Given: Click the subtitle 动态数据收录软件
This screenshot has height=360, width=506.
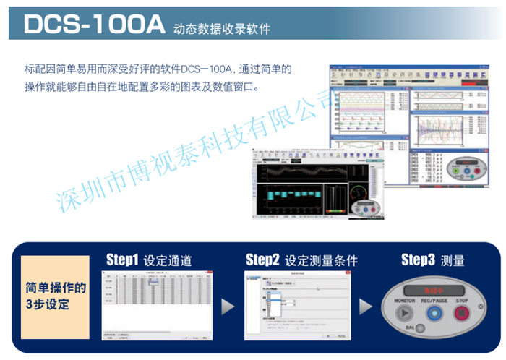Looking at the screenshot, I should point(222,29).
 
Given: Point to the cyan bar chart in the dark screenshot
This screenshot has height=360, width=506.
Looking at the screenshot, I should point(286,198).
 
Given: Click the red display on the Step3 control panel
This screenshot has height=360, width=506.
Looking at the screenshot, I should point(433,287).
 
